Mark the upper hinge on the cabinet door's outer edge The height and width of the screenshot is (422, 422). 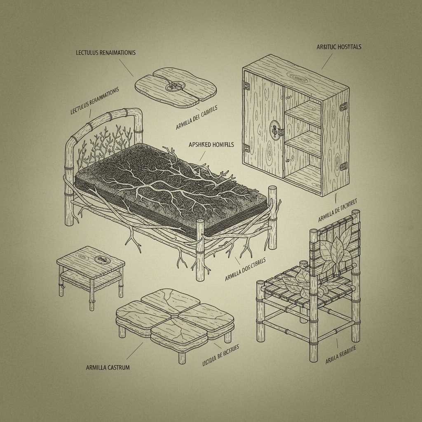(x=247, y=86)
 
